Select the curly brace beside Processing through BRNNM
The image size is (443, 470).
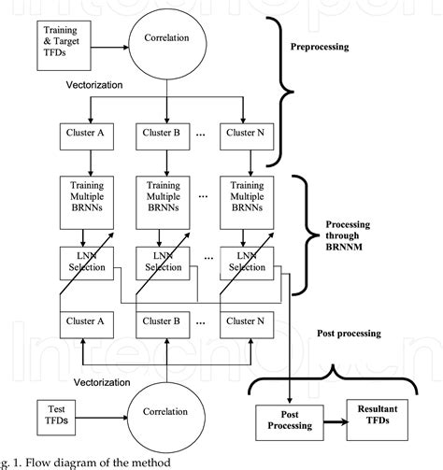coord(306,236)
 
